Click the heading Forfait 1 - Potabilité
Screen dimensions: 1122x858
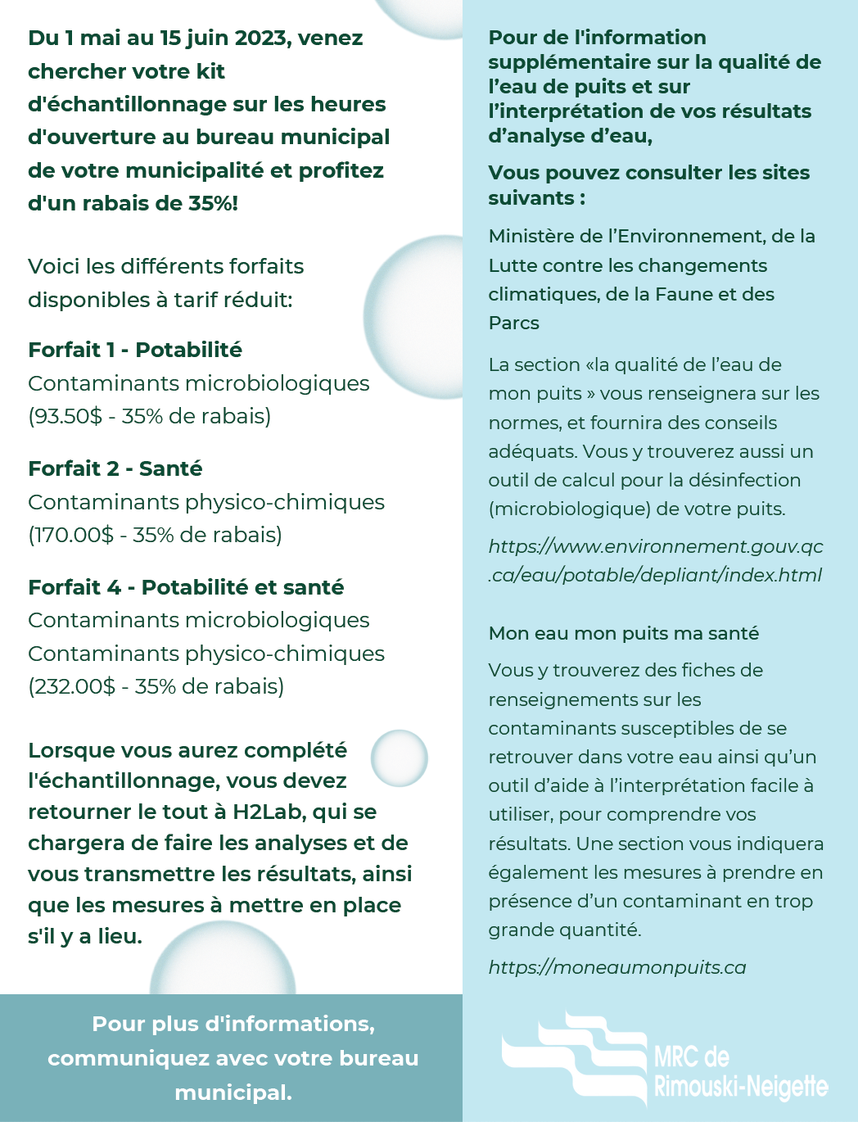[135, 350]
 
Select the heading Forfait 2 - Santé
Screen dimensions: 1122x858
[115, 468]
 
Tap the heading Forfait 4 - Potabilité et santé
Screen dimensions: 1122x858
[186, 587]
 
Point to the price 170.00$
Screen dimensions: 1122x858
[73, 535]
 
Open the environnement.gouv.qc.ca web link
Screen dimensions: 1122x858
[655, 560]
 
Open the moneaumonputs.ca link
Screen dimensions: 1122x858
[617, 967]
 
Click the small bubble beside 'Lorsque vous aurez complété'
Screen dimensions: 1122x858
[400, 758]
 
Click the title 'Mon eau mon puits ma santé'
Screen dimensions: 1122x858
[624, 633]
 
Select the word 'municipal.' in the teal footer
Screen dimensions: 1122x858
[233, 1093]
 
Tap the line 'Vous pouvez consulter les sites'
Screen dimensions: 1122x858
[649, 173]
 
